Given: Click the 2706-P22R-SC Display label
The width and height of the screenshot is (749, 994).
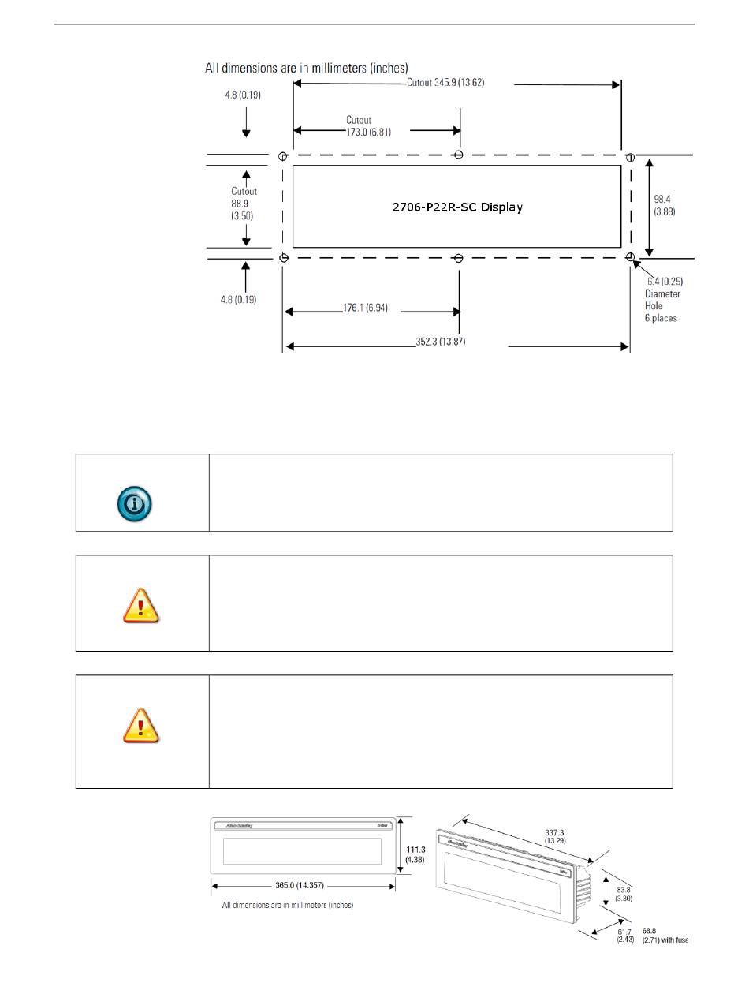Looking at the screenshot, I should point(457,208).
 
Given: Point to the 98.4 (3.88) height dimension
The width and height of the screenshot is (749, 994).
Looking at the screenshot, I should point(665,206).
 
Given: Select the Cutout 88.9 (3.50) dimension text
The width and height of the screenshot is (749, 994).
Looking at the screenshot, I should point(244,204).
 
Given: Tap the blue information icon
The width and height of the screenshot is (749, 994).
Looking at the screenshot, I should point(134,502).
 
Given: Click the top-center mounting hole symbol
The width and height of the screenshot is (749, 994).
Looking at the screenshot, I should point(459,155).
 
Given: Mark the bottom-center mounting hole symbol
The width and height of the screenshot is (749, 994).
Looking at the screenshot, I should point(459,258).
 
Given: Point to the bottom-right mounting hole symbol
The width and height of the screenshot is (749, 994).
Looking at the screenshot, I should point(630,257).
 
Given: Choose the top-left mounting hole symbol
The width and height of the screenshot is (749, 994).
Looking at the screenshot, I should point(283,156).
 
